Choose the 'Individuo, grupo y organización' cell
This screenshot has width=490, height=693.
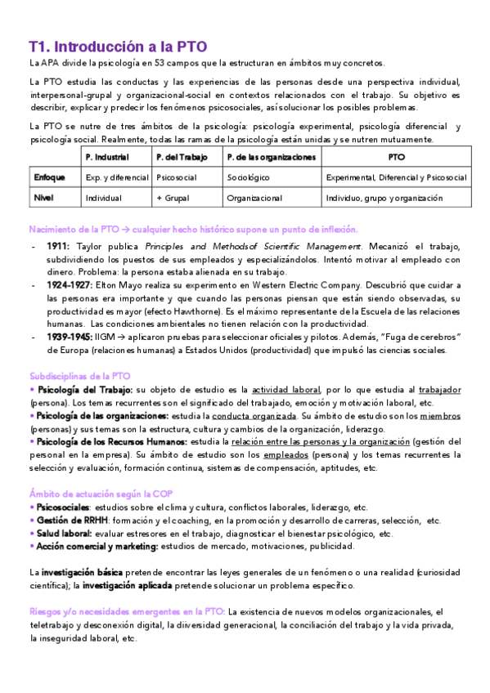pyautogui.click(x=384, y=198)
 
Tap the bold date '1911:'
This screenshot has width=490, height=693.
pyautogui.click(x=58, y=246)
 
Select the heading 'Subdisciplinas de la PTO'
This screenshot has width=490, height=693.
pyautogui.click(x=79, y=376)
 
